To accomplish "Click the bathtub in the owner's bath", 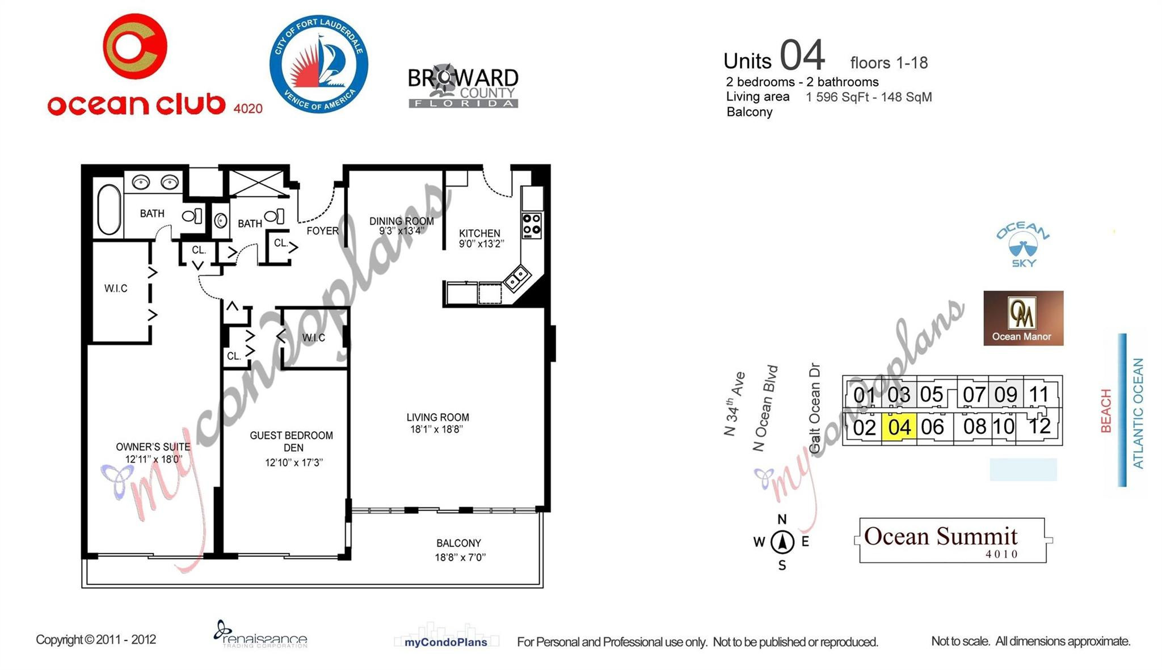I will (x=110, y=208).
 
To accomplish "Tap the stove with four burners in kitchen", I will (x=532, y=225).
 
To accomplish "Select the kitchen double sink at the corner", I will (x=517, y=279).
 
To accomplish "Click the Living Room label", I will (x=437, y=418).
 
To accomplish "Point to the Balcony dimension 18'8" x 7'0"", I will (x=460, y=557).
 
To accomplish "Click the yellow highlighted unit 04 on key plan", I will (x=899, y=427).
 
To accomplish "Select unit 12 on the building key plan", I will (x=1039, y=425).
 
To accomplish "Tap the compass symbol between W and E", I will (x=782, y=541).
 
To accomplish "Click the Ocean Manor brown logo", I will (x=1023, y=318).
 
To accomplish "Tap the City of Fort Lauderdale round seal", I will (x=318, y=64).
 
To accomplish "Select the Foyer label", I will (x=322, y=231).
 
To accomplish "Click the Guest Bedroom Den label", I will (x=292, y=441).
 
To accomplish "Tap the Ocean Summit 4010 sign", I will (x=952, y=540).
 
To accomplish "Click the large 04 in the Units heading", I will (x=802, y=56).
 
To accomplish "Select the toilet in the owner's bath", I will (x=192, y=216).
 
